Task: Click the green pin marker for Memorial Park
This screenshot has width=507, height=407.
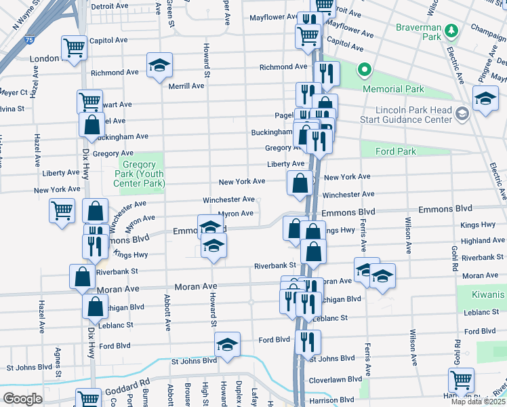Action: pyautogui.click(x=364, y=70)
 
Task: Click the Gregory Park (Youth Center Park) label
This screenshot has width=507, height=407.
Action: pyautogui.click(x=142, y=178)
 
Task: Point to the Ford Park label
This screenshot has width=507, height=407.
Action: pyautogui.click(x=397, y=151)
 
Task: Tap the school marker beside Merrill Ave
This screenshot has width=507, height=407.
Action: pyautogui.click(x=160, y=66)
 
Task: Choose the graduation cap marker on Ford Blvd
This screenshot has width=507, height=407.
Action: pyautogui.click(x=227, y=345)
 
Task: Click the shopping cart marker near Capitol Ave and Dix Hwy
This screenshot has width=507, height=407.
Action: pyautogui.click(x=74, y=47)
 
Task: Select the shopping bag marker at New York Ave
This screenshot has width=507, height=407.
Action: pyautogui.click(x=300, y=183)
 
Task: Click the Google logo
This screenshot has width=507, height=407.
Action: pyautogui.click(x=22, y=398)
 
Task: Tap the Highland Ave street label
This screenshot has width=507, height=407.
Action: pyautogui.click(x=483, y=240)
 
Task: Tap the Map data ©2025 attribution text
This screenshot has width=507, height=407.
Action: pyautogui.click(x=479, y=402)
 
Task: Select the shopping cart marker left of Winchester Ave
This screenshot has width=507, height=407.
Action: pyautogui.click(x=62, y=210)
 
